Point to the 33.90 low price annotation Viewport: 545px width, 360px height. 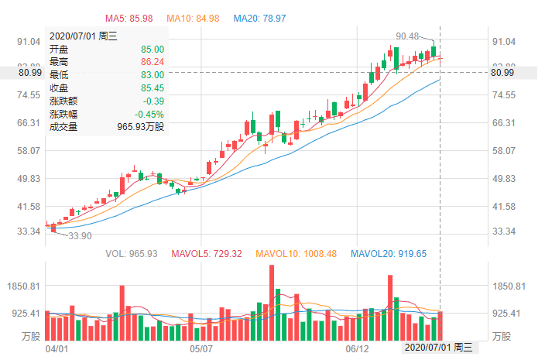80,236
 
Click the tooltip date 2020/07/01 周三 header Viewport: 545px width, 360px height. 84,36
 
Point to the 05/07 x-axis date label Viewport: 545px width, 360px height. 201,349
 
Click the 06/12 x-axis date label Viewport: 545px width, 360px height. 358,349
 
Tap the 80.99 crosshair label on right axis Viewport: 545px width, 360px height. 503,73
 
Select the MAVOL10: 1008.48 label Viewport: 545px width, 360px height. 298,253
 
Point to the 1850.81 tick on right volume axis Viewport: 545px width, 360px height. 509,286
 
